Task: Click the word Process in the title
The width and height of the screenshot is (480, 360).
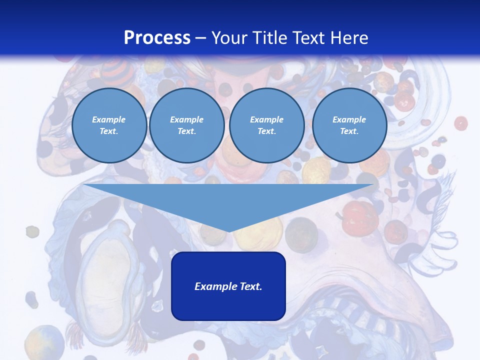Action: pyautogui.click(x=157, y=38)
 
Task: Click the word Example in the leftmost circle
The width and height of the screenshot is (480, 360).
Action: pyautogui.click(x=109, y=119)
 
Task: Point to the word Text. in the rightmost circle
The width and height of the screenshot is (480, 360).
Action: pyautogui.click(x=349, y=131)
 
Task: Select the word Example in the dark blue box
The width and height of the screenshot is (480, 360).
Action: pyautogui.click(x=216, y=286)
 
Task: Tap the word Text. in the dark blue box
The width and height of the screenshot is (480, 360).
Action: pyautogui.click(x=250, y=286)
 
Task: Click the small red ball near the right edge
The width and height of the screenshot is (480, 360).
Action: pyautogui.click(x=460, y=123)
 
